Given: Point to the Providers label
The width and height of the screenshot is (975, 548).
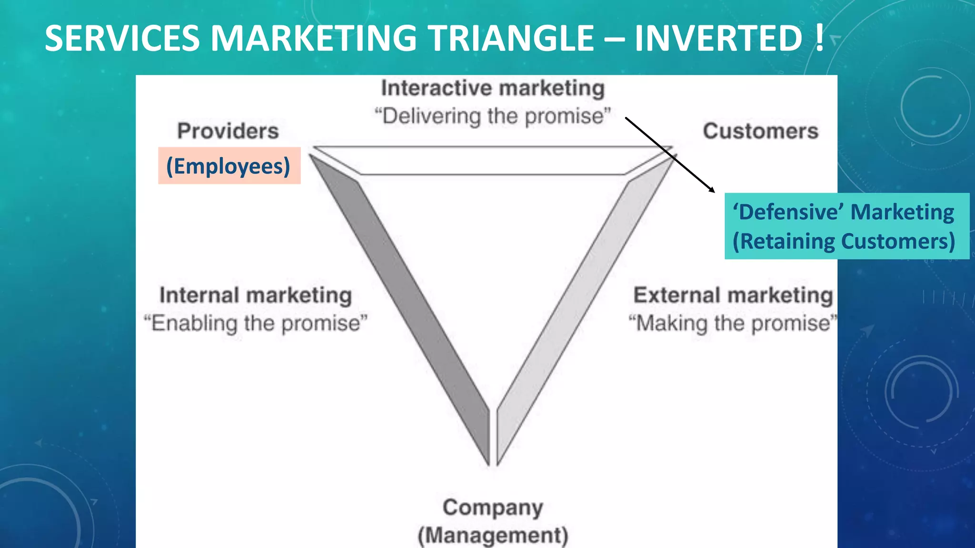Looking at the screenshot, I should click(x=228, y=131).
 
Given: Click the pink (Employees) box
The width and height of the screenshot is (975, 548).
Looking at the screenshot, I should click(x=229, y=166).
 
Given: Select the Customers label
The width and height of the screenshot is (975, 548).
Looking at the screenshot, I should click(x=760, y=131).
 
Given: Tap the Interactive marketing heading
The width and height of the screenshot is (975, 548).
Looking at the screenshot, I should click(x=493, y=88).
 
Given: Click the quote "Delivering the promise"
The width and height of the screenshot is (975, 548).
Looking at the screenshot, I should click(x=492, y=116).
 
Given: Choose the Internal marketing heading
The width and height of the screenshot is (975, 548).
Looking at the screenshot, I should click(x=256, y=295).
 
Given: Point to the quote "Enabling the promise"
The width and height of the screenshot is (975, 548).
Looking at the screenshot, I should click(x=256, y=323).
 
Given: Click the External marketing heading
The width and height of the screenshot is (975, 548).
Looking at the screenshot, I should click(x=733, y=295).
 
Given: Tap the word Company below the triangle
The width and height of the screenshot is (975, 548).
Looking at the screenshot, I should click(x=493, y=508).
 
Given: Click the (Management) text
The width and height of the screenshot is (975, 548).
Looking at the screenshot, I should click(x=493, y=536).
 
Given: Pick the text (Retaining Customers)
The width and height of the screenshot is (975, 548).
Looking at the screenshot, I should click(x=844, y=241).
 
